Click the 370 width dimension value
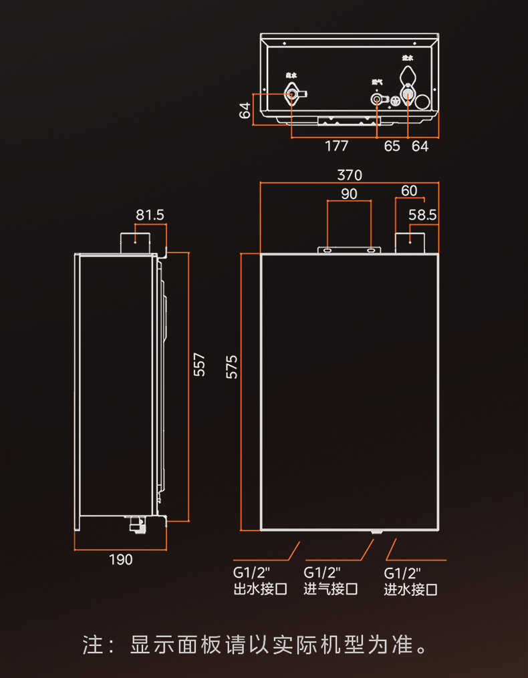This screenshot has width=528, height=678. pyautogui.click(x=349, y=176)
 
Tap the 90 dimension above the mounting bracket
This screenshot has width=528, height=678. pyautogui.click(x=349, y=194)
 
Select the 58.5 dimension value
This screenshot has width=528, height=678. pyautogui.click(x=422, y=215)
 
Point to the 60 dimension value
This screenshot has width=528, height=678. pyautogui.click(x=409, y=191)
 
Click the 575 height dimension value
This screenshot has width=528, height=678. pyautogui.click(x=232, y=367)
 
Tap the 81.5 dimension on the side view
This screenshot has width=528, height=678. pyautogui.click(x=150, y=215)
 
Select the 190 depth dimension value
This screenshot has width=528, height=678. pyautogui.click(x=120, y=560)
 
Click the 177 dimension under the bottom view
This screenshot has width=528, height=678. pyautogui.click(x=336, y=146)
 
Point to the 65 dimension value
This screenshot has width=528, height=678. pyautogui.click(x=392, y=146)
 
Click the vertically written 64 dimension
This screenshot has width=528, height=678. pyautogui.click(x=245, y=109)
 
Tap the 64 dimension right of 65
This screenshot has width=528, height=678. pyautogui.click(x=420, y=146)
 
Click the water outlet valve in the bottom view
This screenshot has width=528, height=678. pyautogui.click(x=293, y=94)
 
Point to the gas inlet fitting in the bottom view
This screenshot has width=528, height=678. pyautogui.click(x=378, y=100)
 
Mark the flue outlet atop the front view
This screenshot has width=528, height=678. pyautogui.click(x=409, y=243)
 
